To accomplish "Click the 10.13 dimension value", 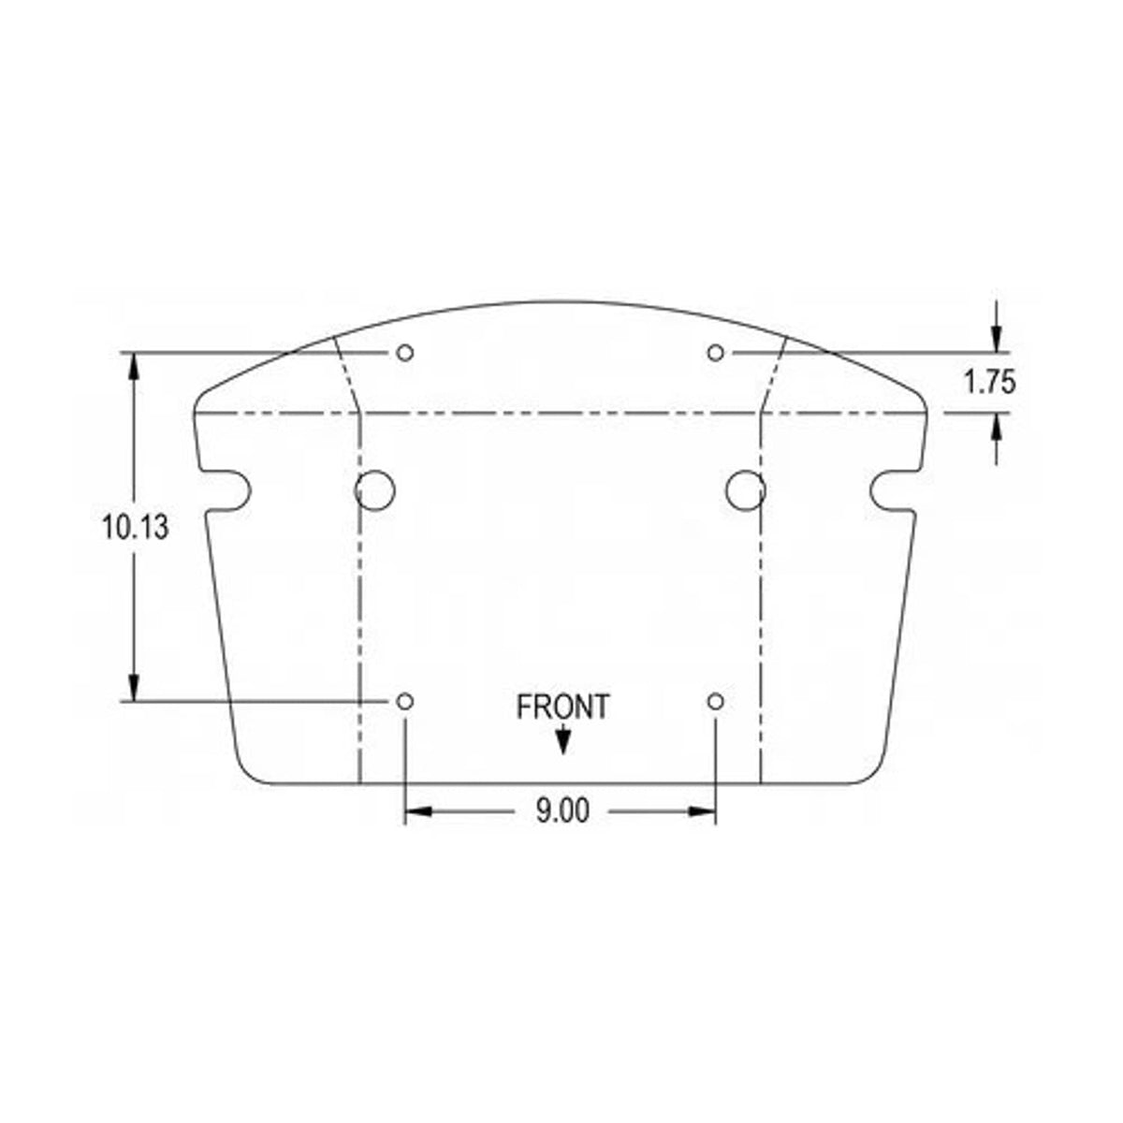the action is (x=135, y=527).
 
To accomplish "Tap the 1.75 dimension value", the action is (x=989, y=382).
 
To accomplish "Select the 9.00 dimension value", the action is (x=562, y=810).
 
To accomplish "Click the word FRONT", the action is (x=563, y=707).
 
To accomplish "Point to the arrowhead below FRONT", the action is (x=562, y=742).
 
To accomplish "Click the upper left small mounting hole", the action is (x=405, y=353).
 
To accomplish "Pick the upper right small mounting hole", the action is (x=716, y=353).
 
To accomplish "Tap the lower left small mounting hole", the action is (x=405, y=702).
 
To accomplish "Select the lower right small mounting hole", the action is (x=716, y=702).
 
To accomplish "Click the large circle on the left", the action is (x=355, y=490).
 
